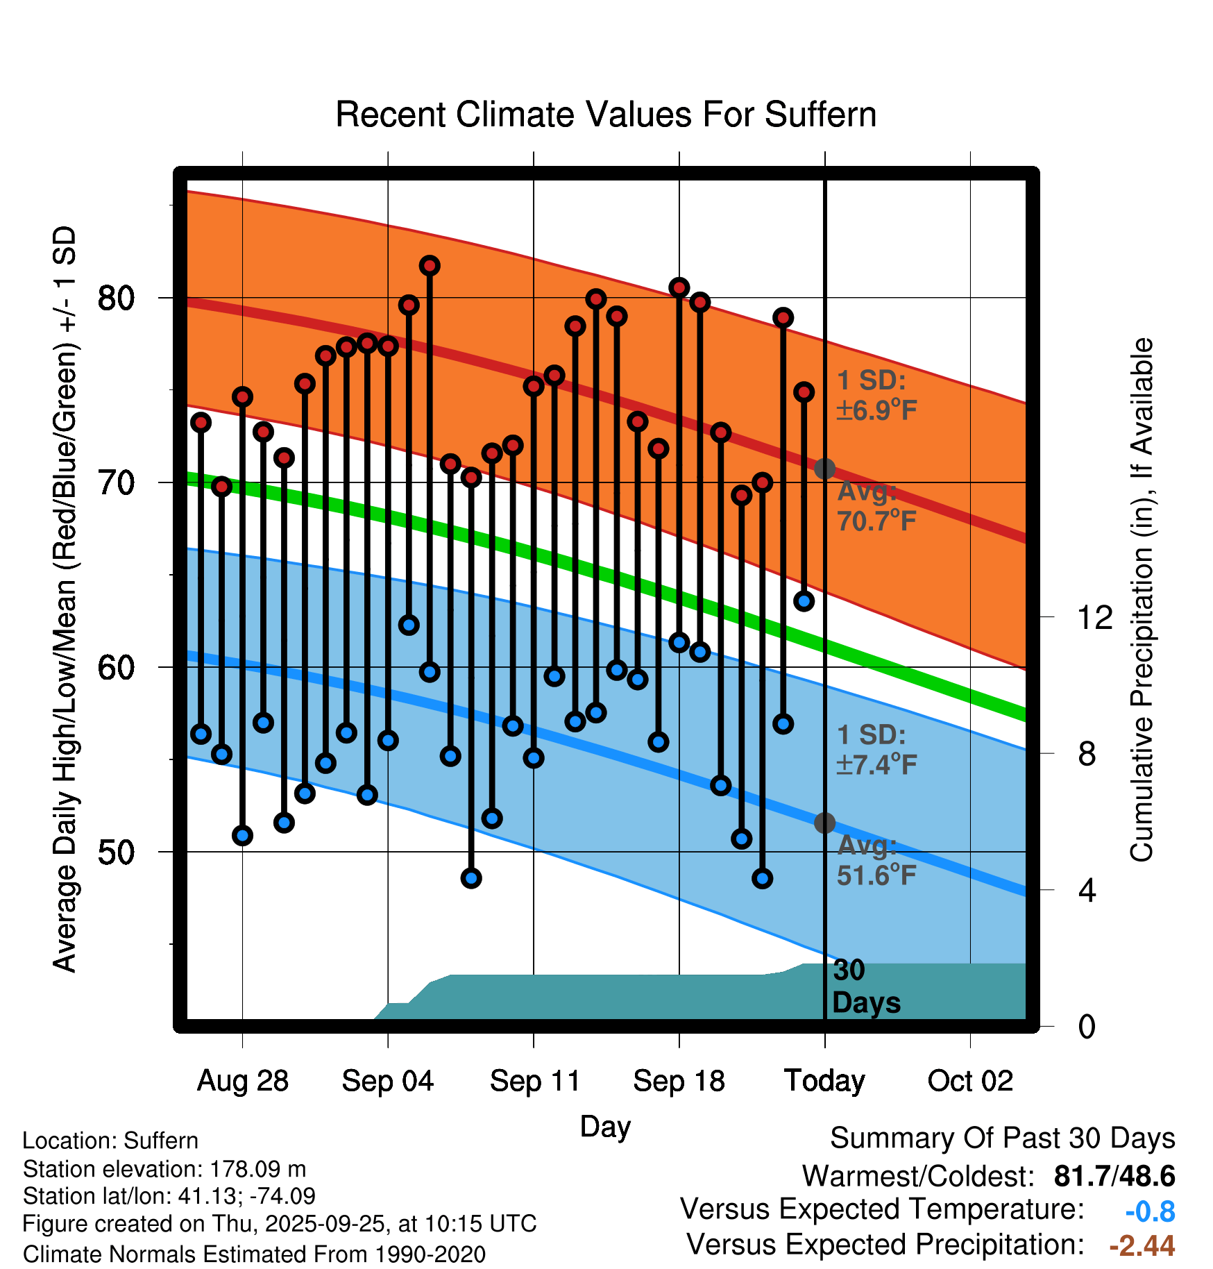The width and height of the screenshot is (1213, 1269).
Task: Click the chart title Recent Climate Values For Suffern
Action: point(605,115)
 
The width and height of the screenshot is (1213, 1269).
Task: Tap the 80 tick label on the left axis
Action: point(116,299)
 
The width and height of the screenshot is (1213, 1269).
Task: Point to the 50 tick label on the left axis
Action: point(116,852)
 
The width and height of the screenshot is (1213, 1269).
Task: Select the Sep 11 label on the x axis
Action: point(534,1081)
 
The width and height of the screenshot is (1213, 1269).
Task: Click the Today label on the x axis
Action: point(824,1081)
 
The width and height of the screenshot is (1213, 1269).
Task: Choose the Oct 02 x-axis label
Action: point(970,1081)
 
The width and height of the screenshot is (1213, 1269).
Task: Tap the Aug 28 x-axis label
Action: point(243,1081)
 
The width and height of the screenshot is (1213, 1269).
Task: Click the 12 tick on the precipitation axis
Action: point(1094,617)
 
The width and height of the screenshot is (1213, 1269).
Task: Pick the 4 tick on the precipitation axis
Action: point(1087,891)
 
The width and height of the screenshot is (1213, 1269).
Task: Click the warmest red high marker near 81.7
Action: point(430,266)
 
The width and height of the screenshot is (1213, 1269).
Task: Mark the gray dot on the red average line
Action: point(824,469)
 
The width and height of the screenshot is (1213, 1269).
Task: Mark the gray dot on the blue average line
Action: point(824,823)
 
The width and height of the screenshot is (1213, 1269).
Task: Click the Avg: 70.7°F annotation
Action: point(876,506)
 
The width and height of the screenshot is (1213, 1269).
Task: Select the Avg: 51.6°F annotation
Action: point(876,861)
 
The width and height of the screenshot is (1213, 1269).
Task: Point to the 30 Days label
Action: point(865,986)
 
